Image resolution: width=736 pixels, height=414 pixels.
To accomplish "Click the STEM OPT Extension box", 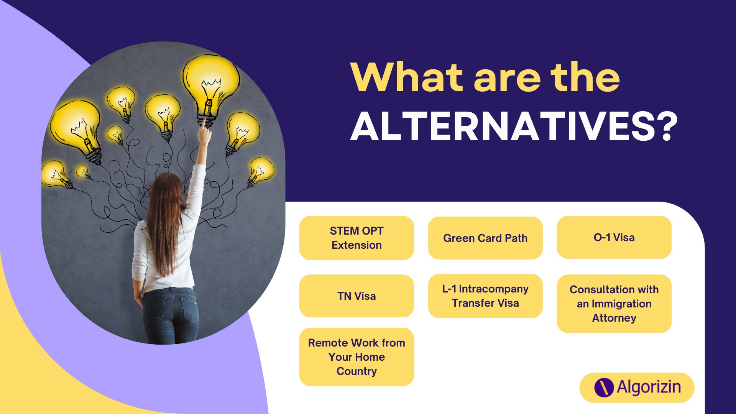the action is click(x=356, y=238).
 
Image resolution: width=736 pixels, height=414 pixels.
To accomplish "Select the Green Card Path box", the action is click(x=485, y=238).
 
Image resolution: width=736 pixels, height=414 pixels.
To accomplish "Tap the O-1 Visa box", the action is click(x=614, y=237).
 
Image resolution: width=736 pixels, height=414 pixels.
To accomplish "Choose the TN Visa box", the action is click(x=356, y=296).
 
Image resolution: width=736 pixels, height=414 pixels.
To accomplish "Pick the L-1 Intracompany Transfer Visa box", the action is click(x=485, y=296).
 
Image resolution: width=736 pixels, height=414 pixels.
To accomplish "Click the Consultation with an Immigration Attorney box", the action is click(x=614, y=304).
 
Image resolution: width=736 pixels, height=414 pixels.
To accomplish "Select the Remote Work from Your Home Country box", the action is click(x=356, y=357).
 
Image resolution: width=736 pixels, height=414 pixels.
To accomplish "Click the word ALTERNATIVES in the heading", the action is click(x=503, y=127).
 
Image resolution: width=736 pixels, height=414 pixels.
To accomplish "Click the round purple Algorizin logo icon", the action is click(x=604, y=388).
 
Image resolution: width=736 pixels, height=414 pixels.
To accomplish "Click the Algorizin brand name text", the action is click(x=649, y=387).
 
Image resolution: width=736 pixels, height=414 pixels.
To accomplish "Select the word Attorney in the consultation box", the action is click(x=614, y=318).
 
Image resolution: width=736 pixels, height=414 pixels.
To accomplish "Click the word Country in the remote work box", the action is click(x=356, y=371).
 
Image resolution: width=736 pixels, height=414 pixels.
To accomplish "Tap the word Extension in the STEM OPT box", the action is click(x=356, y=245).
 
